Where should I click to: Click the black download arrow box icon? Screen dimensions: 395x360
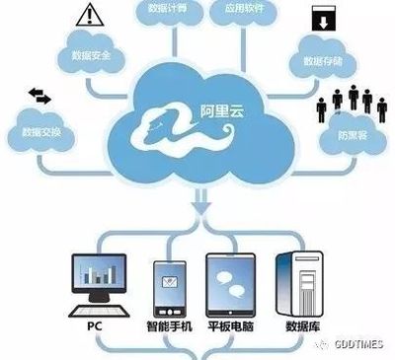pos(323,20)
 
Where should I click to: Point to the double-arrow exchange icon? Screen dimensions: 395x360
pos(39,96)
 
